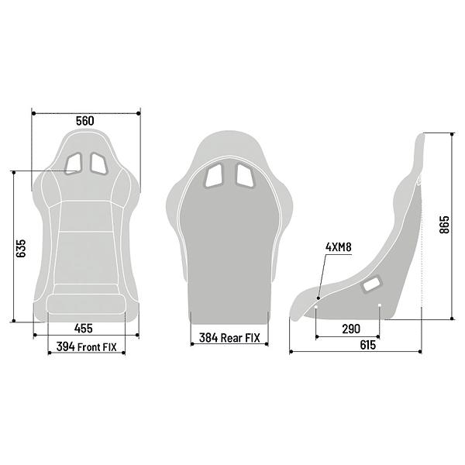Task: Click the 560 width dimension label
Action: click(85, 121)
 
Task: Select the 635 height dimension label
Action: click(22, 246)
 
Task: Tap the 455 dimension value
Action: click(85, 327)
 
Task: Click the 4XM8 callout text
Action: click(339, 247)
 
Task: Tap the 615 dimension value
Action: click(367, 345)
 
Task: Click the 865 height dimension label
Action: click(444, 225)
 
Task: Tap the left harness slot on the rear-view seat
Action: click(213, 176)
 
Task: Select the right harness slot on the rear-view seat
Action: click(243, 176)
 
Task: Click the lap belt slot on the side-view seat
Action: click(371, 285)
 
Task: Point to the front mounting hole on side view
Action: click(316, 307)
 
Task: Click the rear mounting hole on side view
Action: click(379, 307)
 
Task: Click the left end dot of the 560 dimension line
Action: click(33, 114)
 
